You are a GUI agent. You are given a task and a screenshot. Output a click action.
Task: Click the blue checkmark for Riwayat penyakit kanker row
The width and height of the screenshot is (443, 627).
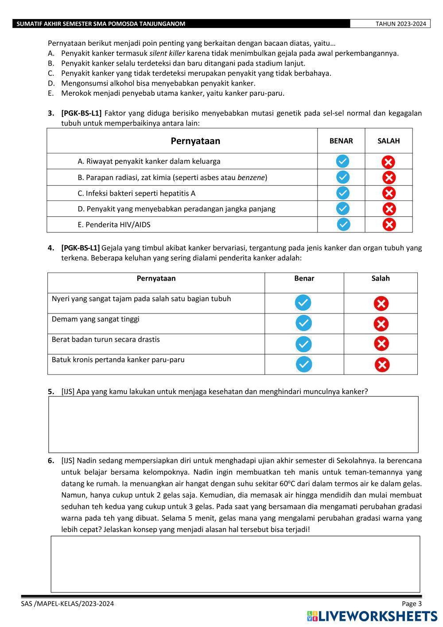(342, 161)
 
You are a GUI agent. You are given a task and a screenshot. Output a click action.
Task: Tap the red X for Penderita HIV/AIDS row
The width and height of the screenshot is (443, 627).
(389, 225)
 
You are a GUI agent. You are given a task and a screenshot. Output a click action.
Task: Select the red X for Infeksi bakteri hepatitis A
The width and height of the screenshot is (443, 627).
(389, 193)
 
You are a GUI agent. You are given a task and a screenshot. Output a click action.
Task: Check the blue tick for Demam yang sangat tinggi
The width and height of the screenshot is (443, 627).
(303, 323)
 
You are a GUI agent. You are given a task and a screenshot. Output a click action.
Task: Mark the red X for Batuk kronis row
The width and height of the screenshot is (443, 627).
(382, 365)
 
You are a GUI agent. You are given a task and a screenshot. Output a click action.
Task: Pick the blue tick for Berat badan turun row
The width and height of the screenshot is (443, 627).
(303, 344)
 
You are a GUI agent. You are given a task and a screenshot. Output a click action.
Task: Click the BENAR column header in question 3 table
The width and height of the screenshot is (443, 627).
(341, 141)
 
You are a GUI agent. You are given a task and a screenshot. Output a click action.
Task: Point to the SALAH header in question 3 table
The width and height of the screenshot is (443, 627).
(389, 141)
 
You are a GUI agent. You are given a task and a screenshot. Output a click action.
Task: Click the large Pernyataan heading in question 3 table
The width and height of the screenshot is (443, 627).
(195, 141)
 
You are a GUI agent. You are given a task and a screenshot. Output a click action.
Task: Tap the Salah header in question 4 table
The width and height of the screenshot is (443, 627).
(381, 278)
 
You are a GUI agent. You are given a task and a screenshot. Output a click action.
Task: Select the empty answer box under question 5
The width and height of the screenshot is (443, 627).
(233, 424)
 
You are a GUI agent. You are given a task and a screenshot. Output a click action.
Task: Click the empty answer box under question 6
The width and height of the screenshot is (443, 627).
(235, 564)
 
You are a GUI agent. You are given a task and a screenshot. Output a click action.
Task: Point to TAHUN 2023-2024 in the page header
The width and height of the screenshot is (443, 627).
(400, 24)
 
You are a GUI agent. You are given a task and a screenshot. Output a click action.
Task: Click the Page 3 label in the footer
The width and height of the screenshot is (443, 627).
(412, 603)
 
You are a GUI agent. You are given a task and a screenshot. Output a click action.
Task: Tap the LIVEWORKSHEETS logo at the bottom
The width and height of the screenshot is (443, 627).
(372, 616)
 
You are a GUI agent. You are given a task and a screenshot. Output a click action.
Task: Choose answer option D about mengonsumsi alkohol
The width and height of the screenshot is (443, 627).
(158, 83)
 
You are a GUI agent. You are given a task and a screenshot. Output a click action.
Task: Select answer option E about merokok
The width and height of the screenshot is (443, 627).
(173, 93)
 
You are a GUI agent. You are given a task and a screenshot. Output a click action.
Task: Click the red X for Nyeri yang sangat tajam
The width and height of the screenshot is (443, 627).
(381, 304)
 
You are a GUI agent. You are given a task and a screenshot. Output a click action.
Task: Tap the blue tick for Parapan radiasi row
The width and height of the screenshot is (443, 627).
(343, 177)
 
